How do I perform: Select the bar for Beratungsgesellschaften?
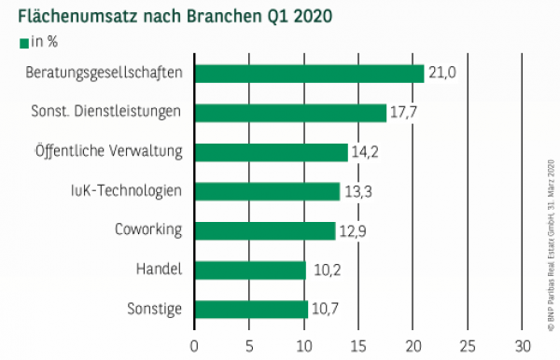[x=309, y=74]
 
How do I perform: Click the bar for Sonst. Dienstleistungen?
[x=290, y=113]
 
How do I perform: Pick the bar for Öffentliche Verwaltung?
[x=271, y=152]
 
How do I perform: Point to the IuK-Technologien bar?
[x=267, y=191]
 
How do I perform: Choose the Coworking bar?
[x=264, y=230]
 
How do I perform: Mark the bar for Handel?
[x=250, y=270]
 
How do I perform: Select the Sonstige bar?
[x=251, y=310]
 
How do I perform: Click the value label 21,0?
[x=441, y=74]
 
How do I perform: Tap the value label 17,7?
[x=404, y=113]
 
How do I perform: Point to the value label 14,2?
[x=366, y=152]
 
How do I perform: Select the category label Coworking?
[x=147, y=230]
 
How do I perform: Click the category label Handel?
[x=159, y=270]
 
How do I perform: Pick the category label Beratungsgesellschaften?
[x=104, y=74]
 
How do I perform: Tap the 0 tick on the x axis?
[x=194, y=345]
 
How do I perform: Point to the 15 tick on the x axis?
[x=358, y=345]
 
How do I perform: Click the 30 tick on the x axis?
[x=523, y=345]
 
